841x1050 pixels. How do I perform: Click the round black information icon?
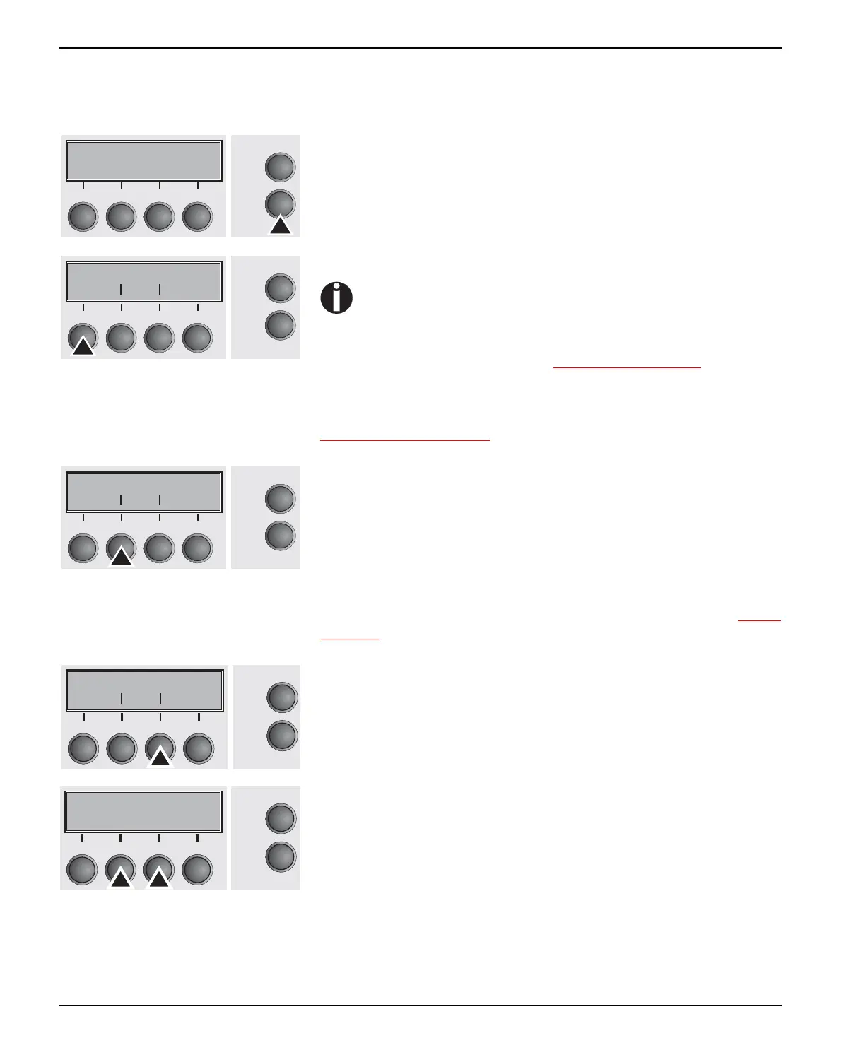336,297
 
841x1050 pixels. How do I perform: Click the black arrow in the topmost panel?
281,225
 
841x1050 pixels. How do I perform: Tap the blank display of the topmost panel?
144,161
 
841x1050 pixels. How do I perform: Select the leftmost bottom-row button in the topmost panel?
83,217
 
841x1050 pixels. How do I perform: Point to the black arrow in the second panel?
83,346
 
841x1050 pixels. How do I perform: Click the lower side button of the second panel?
280,326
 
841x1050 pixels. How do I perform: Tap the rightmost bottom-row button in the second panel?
197,338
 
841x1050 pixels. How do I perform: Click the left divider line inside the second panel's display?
121,289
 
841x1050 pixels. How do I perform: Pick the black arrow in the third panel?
121,557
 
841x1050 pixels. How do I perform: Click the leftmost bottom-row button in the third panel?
83,549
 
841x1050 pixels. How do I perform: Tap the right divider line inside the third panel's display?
160,500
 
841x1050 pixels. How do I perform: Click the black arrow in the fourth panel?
160,757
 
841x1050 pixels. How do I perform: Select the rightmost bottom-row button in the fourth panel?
199,749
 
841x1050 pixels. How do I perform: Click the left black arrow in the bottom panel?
121,878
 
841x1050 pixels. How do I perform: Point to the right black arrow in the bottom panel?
159,878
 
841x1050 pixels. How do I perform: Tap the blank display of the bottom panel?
143,811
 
